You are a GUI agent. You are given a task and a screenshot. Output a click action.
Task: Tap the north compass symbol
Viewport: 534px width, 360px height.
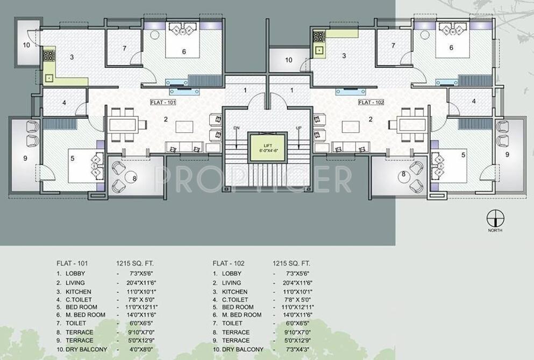click(494, 219)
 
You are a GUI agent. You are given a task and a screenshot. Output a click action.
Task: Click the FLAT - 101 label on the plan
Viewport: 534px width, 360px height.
click(163, 102)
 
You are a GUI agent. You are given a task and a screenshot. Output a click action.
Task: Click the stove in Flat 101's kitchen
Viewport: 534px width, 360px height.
click(49, 55)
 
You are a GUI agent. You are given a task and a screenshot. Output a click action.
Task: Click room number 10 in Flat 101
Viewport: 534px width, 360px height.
click(26, 45)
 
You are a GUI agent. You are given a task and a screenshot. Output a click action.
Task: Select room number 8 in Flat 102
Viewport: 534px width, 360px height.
click(402, 174)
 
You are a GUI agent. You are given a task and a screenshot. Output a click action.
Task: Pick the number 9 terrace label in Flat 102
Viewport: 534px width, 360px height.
click(507, 155)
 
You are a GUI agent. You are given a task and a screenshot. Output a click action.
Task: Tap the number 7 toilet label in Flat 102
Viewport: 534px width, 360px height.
click(394, 46)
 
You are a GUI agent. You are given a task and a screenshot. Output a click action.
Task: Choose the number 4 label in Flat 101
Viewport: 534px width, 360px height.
click(64, 102)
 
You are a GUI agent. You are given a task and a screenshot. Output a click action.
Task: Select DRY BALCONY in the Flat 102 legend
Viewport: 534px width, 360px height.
click(243, 349)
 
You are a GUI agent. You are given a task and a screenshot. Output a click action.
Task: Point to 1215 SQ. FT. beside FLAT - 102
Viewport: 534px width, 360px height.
click(291, 263)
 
